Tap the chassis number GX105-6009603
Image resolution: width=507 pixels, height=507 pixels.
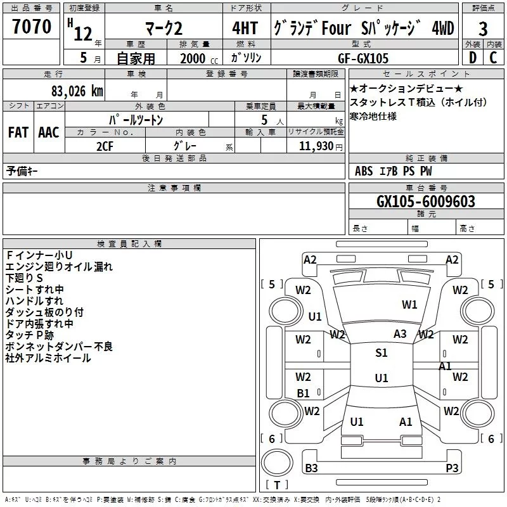click(x=425, y=201)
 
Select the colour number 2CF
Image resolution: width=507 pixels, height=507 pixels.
click(x=105, y=144)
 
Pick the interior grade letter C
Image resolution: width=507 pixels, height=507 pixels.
click(x=493, y=57)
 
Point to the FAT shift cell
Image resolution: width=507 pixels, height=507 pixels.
click(x=18, y=132)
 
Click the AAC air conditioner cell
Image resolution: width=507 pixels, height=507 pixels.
click(x=48, y=132)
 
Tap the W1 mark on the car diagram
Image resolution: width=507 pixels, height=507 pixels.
click(x=409, y=305)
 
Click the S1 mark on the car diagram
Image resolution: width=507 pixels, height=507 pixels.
click(x=381, y=353)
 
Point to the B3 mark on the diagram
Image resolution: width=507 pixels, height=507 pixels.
click(x=311, y=468)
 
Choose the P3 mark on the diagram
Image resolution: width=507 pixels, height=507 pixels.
click(x=452, y=468)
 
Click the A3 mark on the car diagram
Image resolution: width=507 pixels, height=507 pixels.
click(x=400, y=334)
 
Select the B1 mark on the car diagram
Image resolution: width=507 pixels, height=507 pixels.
click(x=304, y=393)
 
